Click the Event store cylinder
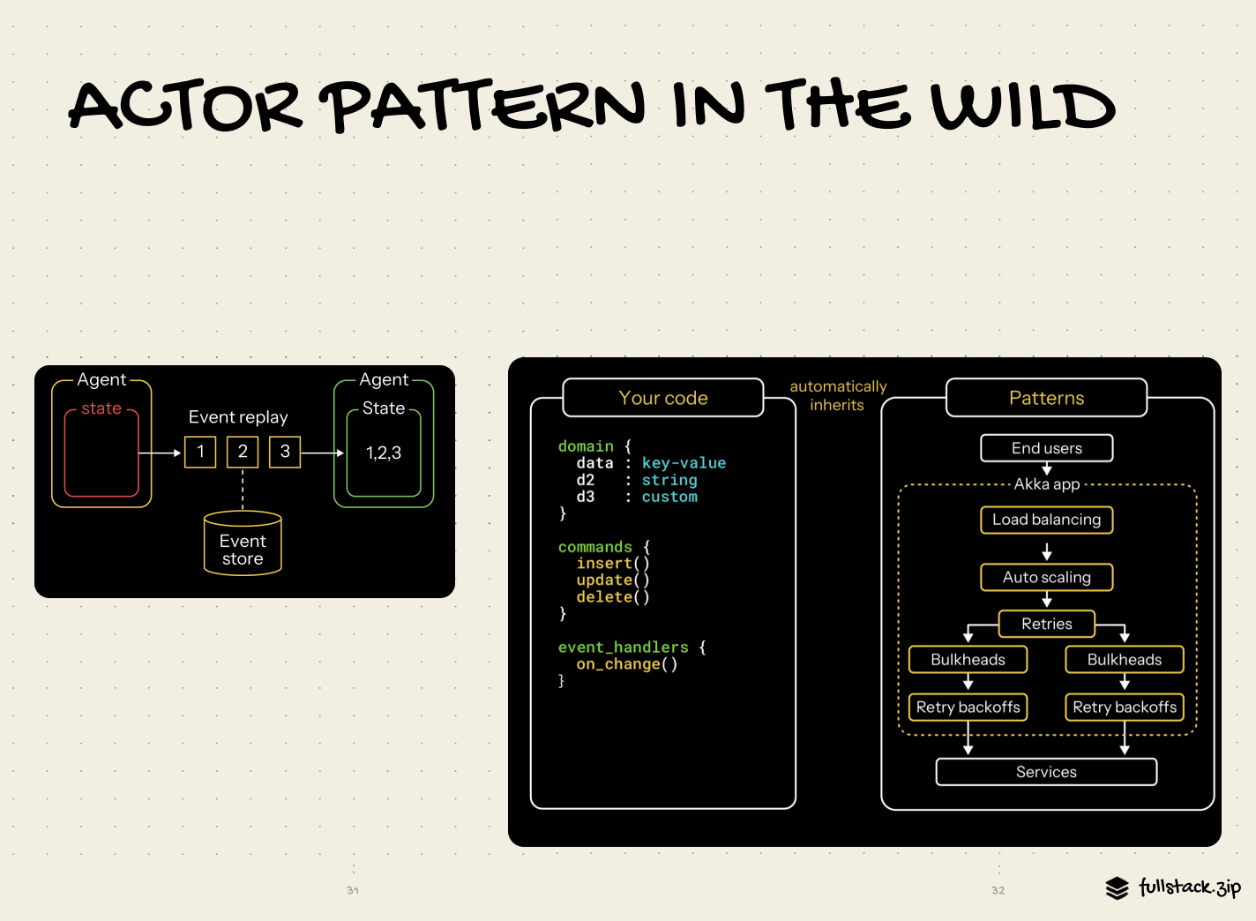243,543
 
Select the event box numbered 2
243,452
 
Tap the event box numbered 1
200,452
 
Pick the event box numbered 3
285,452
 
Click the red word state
101,408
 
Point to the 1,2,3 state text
384,453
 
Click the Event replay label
238,417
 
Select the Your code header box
663,398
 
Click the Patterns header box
1046,398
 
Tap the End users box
1046,448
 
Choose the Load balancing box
1046,520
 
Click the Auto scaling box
1046,577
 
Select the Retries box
1046,624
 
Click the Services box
1046,772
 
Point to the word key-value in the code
684,463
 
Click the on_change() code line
627,664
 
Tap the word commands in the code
595,547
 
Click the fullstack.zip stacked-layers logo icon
1117,887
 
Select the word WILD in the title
1024,106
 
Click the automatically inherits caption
838,396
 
